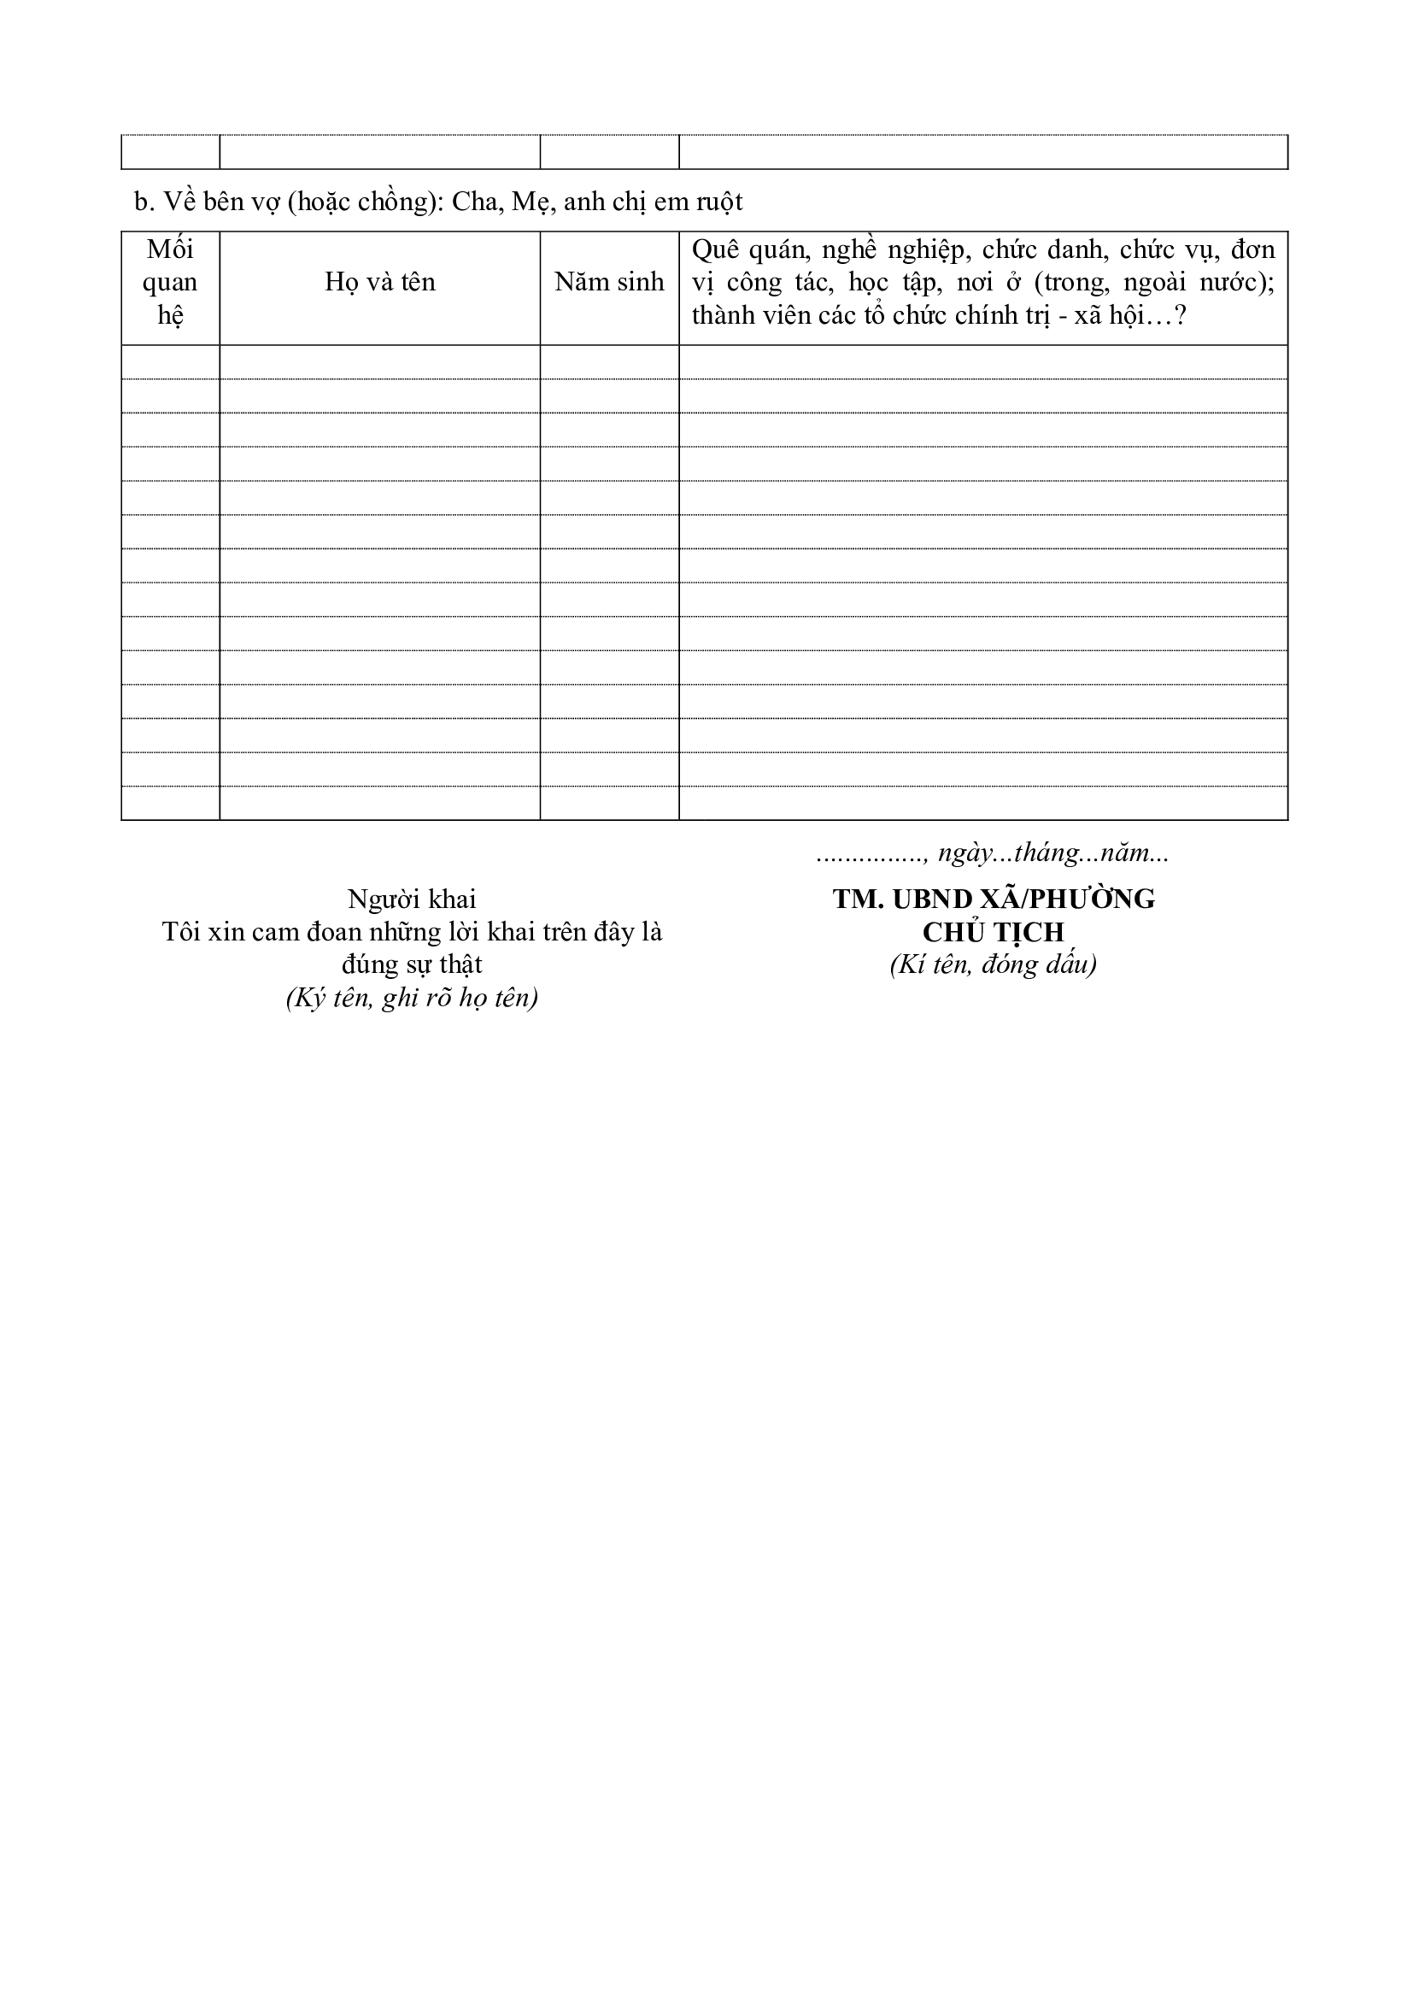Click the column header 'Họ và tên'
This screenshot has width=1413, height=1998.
pos(379,282)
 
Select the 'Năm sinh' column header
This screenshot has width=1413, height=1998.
pos(609,282)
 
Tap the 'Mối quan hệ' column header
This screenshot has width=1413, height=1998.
pos(171,282)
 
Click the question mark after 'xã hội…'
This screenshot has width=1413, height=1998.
pos(1181,315)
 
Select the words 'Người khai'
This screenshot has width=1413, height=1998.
pos(412,899)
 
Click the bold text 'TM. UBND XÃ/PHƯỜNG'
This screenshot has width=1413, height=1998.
pos(994,899)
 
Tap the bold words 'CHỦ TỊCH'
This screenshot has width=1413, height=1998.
pos(994,932)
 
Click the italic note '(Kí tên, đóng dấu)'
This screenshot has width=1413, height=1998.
pos(994,964)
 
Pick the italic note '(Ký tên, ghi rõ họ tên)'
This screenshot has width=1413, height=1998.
pos(412,997)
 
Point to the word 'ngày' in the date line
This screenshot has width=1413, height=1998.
pos(962,853)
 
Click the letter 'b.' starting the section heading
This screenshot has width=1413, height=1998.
pos(144,202)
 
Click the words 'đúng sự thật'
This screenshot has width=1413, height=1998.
pos(412,964)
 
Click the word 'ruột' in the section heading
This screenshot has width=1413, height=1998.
pos(718,202)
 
